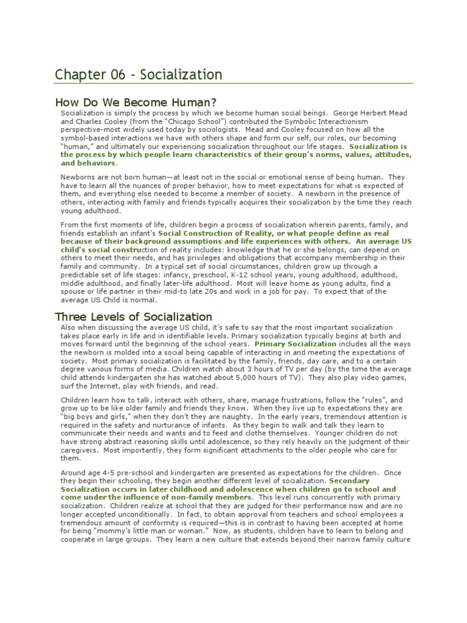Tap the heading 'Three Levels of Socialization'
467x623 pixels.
click(x=133, y=316)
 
